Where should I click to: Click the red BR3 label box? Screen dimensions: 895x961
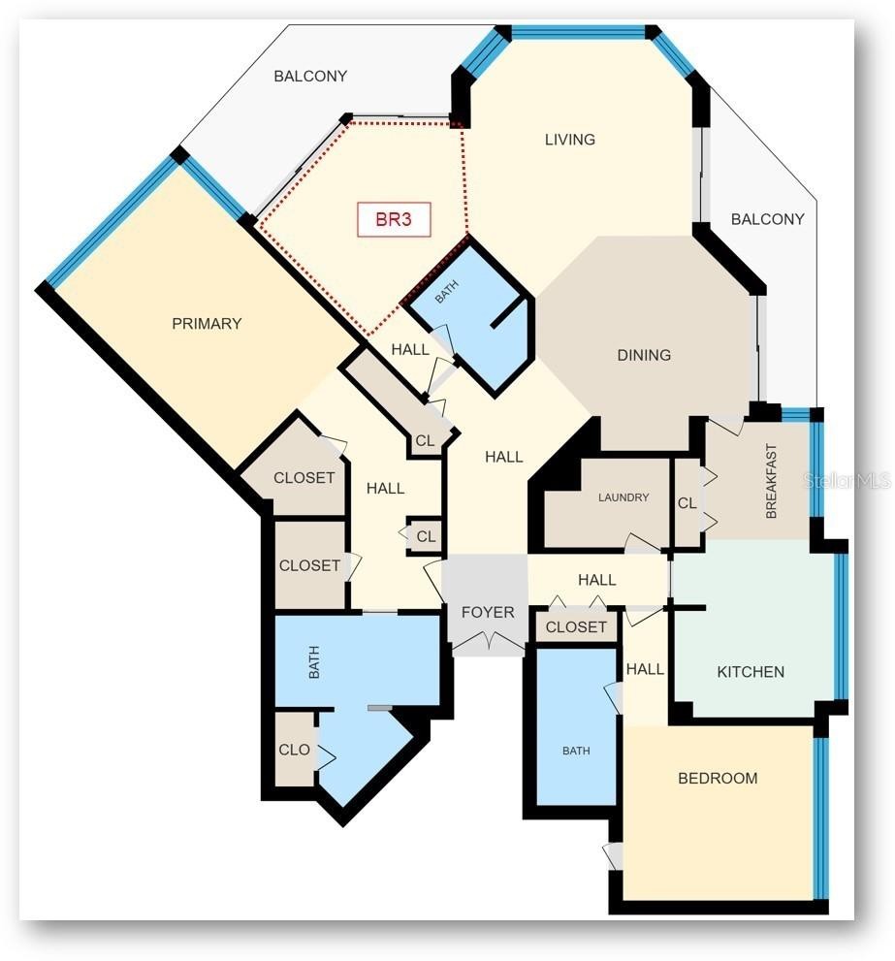coord(394,219)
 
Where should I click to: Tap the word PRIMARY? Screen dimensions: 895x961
coord(207,324)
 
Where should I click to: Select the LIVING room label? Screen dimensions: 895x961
coord(569,140)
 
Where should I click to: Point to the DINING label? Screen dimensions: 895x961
coord(644,355)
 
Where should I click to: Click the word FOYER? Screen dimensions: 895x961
coord(488,612)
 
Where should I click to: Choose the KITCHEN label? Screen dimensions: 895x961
coord(751,672)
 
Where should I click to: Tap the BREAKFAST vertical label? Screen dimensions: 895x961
coord(771,481)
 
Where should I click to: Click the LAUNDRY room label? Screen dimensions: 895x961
coord(623,497)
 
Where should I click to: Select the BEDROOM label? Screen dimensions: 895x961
coord(718,779)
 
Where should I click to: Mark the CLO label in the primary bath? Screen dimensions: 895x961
coord(294,750)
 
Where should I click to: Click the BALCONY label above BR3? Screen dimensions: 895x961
coord(310,76)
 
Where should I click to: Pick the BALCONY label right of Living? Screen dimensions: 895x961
coord(767,219)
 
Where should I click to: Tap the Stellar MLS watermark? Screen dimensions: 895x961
coord(846,481)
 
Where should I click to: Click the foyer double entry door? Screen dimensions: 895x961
coord(489,641)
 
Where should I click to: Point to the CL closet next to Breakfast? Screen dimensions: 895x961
coord(687,503)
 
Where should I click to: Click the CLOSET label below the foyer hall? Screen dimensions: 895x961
coord(576,627)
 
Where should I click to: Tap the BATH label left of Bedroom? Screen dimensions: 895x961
coord(576,751)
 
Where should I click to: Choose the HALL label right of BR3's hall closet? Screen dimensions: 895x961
coord(504,457)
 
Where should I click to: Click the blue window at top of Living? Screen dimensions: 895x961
coord(578,32)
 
